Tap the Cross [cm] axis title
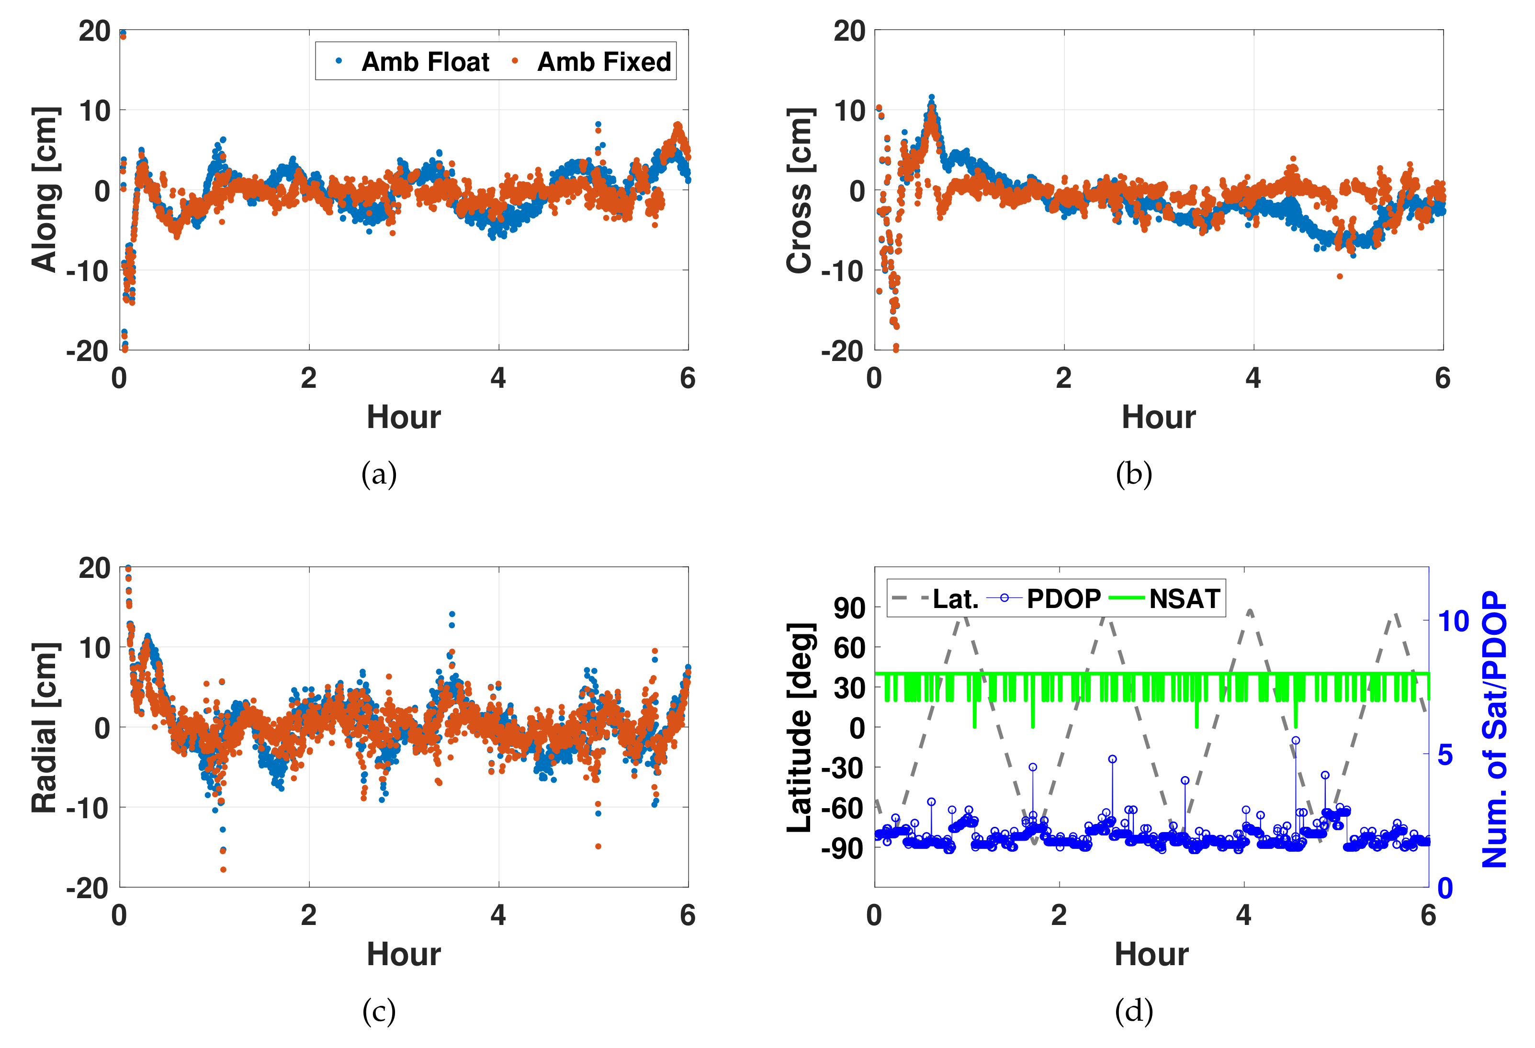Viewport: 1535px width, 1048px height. click(799, 190)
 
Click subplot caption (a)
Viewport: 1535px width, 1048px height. click(379, 474)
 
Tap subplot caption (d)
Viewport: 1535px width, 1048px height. click(1133, 1010)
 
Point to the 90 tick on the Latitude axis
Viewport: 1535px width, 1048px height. click(849, 608)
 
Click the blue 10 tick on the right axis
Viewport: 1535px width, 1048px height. click(1454, 621)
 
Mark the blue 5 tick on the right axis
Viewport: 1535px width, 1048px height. click(1446, 754)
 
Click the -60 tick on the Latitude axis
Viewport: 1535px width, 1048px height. click(842, 808)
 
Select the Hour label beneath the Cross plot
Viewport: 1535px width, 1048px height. click(1159, 417)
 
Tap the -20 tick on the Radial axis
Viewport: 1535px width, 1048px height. click(88, 888)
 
